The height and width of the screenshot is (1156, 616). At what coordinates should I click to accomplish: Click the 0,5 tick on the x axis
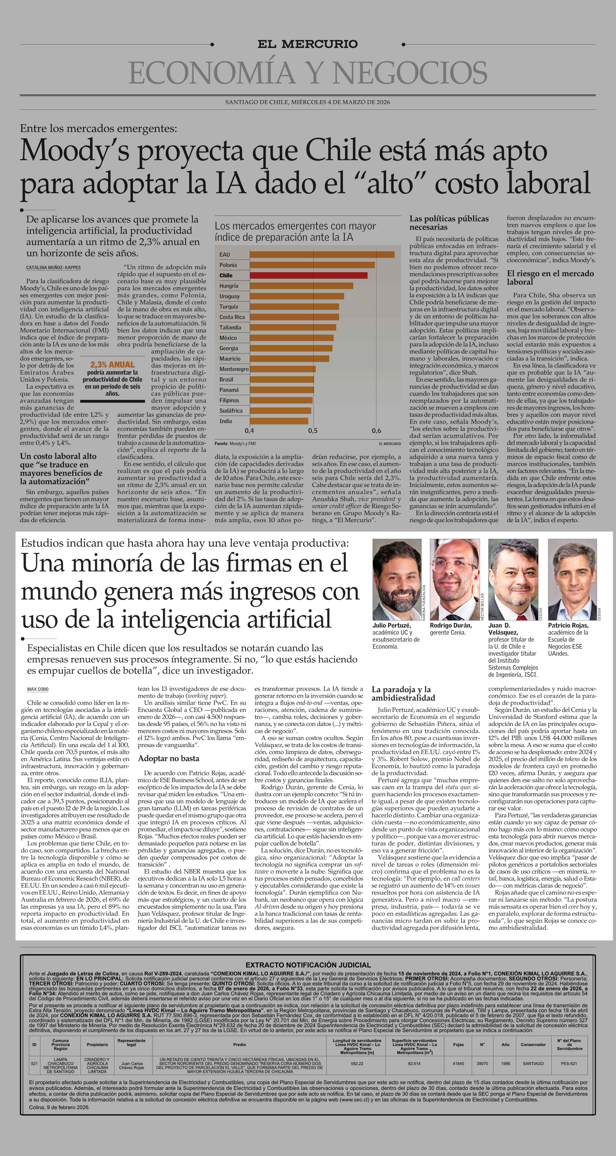(x=313, y=431)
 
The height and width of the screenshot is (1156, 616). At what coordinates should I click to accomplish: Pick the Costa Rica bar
(x=294, y=317)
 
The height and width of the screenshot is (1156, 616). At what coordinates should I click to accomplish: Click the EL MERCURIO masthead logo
(x=307, y=44)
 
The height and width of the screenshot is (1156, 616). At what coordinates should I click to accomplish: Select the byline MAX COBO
(x=38, y=689)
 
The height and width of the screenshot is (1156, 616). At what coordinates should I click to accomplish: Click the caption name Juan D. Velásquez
(x=503, y=629)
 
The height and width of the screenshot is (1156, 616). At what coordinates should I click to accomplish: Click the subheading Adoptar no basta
(x=168, y=758)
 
